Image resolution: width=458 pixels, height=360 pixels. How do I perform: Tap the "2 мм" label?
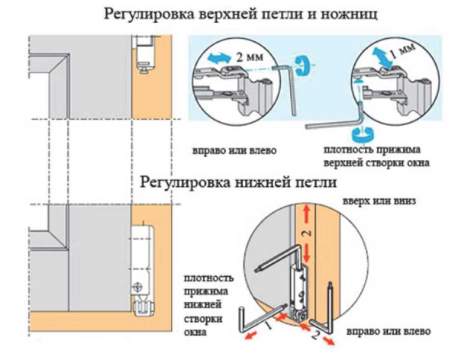250,57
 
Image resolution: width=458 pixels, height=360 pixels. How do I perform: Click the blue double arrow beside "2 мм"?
221,58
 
